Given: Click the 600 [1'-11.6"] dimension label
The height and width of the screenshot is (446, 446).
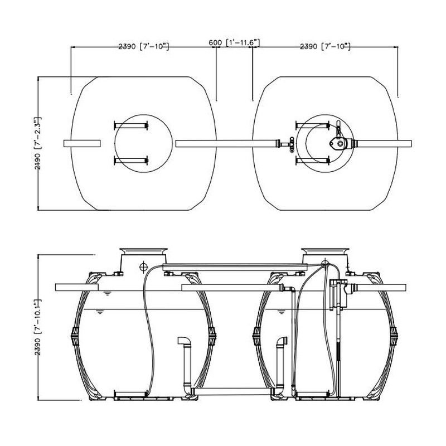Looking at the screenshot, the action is [x=234, y=43].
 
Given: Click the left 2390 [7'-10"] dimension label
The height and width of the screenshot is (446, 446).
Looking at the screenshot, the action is [x=144, y=46].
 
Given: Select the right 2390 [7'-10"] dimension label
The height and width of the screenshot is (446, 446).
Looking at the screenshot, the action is [x=325, y=46].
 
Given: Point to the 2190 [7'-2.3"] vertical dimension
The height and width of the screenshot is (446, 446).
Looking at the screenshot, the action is [x=38, y=143].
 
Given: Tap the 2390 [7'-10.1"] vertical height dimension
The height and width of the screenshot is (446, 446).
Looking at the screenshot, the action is [x=38, y=327].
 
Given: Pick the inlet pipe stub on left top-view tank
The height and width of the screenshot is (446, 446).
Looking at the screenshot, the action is [x=82, y=144].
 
